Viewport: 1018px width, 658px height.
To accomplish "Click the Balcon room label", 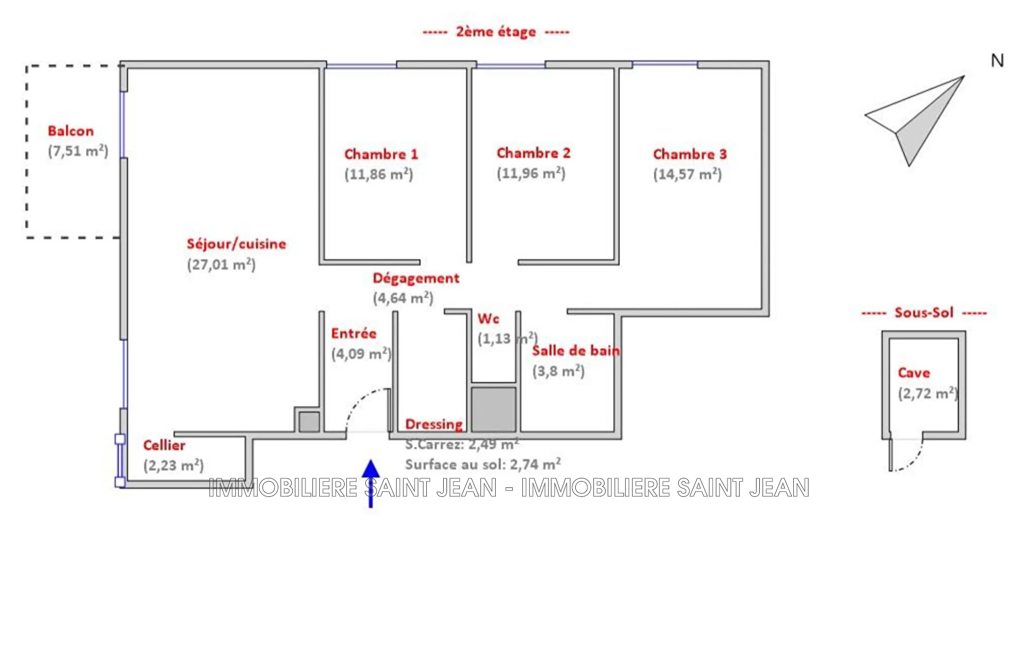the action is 71,131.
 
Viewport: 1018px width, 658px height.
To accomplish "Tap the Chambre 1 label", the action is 381,154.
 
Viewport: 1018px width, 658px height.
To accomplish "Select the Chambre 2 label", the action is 533,153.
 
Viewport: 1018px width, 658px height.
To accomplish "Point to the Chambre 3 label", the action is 690,154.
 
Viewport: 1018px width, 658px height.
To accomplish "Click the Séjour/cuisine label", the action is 236,244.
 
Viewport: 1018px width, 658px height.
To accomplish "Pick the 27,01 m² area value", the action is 221,264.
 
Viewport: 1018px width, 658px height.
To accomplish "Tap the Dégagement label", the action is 416,279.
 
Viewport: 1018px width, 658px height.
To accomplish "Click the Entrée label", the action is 354,334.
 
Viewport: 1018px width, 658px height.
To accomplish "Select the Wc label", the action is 488,319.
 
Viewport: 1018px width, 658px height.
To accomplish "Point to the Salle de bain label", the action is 576,351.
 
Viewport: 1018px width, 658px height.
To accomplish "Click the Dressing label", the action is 434,424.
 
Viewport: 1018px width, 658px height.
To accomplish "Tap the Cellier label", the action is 164,445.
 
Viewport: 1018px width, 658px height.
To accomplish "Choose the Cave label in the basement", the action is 914,373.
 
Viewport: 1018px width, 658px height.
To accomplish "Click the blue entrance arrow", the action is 371,483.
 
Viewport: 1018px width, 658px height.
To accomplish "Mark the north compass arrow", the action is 915,121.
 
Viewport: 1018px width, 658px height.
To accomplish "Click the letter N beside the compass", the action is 997,61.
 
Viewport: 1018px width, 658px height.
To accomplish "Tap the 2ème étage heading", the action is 496,32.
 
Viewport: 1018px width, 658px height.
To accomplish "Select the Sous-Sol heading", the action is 924,313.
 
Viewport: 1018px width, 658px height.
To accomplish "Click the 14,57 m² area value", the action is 687,174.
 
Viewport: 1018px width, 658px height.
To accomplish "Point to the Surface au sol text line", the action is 483,465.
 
